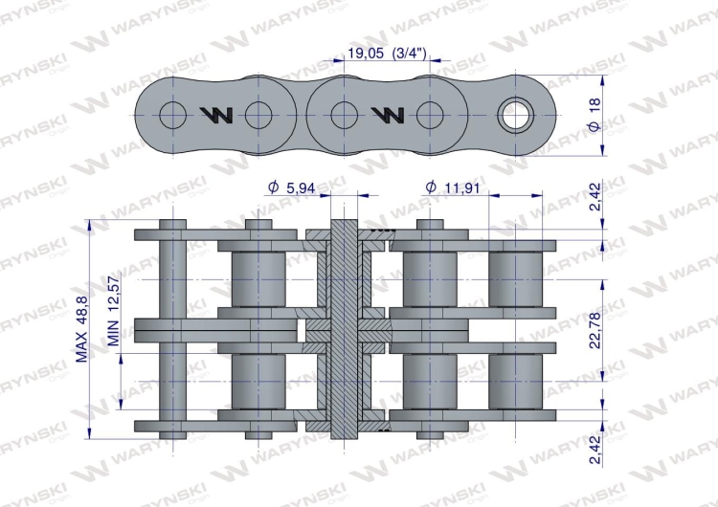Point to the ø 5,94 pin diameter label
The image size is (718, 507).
click(x=294, y=188)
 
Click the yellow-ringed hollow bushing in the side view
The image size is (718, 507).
click(x=518, y=116)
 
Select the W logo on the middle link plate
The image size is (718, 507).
click(x=387, y=116)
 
